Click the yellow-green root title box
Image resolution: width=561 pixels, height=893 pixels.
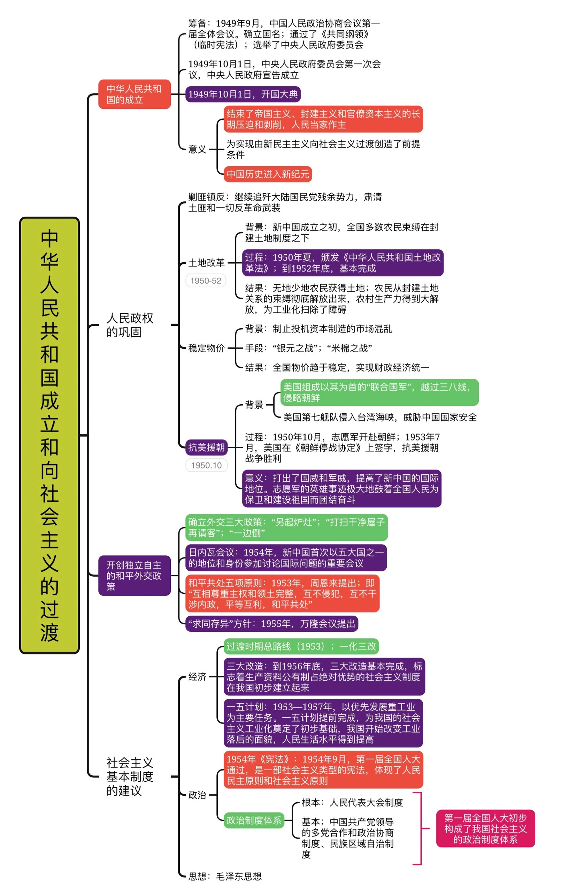tap(49, 435)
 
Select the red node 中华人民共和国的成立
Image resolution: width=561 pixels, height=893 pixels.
tap(134, 94)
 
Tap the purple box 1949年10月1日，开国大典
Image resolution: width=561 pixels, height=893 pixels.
tap(243, 94)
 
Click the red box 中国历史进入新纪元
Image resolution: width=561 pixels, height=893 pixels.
tap(268, 174)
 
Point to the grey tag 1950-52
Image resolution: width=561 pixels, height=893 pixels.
tap(206, 281)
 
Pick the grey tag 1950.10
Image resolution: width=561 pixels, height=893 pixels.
tap(206, 465)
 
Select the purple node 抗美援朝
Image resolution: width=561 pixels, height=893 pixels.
tap(206, 448)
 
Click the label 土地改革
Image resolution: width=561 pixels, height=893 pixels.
tap(206, 263)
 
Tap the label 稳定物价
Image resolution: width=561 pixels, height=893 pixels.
tap(206, 348)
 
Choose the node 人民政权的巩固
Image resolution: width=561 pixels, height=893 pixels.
tap(130, 325)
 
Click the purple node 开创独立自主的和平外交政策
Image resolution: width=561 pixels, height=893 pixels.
tap(134, 576)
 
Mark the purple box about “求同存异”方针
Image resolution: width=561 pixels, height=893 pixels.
tap(271, 624)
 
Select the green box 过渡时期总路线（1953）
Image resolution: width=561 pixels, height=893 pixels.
tap(301, 647)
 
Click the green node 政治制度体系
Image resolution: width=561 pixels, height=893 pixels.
tap(254, 820)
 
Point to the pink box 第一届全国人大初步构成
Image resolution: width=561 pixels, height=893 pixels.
tap(485, 828)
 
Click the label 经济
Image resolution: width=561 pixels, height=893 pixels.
tap(197, 677)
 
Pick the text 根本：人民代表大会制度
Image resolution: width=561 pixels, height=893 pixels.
tap(352, 803)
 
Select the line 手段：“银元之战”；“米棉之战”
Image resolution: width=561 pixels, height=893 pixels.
tap(308, 348)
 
